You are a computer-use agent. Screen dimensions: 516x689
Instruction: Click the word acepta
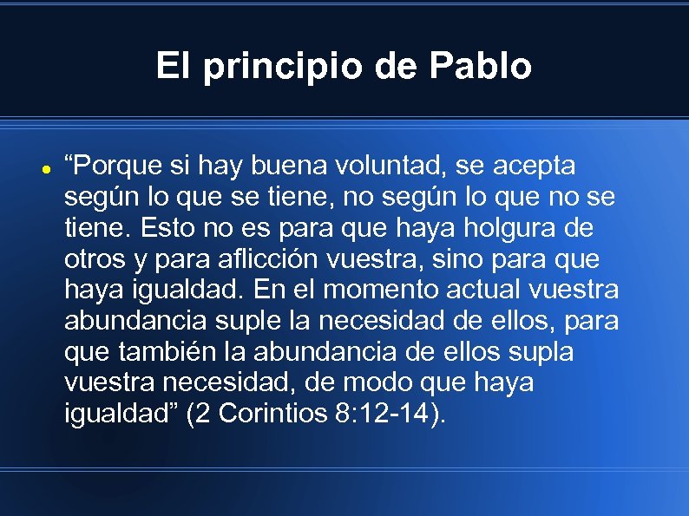536,166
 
